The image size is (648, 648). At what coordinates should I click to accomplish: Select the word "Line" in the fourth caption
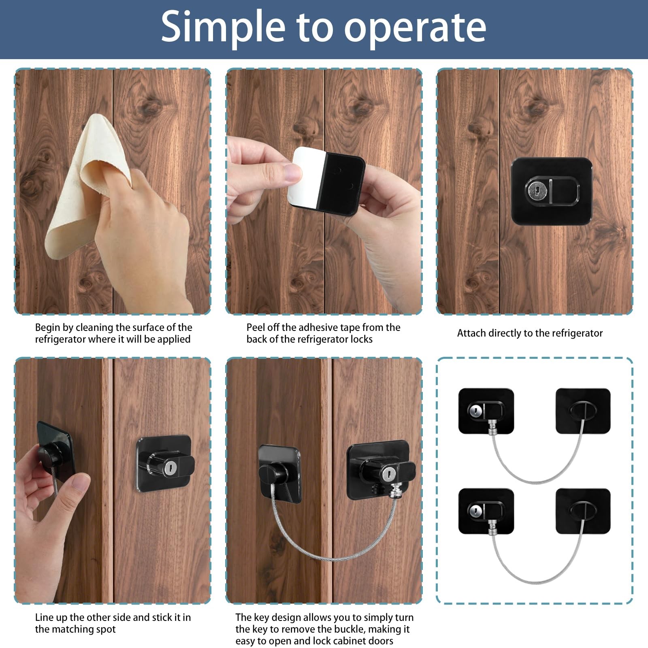click(x=44, y=617)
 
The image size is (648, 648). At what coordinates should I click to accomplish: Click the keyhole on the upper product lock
click(x=475, y=411)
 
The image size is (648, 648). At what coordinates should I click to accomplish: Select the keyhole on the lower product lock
click(x=474, y=511)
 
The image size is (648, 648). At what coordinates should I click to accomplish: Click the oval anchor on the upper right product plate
click(x=583, y=410)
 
